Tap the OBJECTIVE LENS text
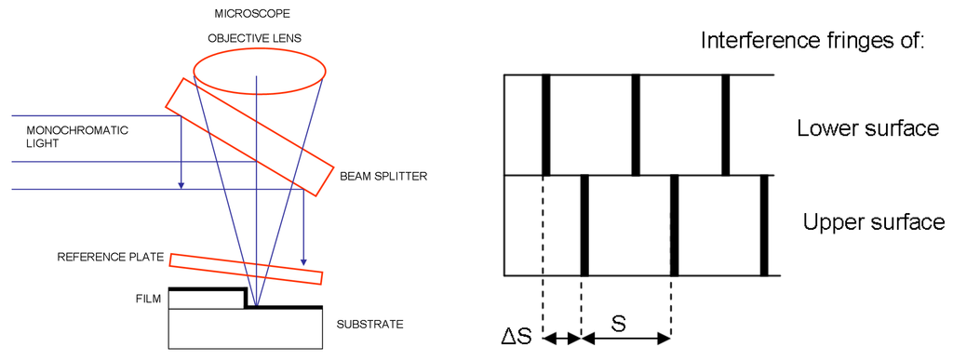(x=254, y=40)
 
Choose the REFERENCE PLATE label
(x=111, y=257)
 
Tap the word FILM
(x=148, y=299)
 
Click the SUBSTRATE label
(x=369, y=325)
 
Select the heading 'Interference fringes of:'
(x=811, y=42)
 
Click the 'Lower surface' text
(x=867, y=128)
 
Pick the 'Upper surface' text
(x=873, y=223)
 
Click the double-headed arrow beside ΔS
(x=561, y=339)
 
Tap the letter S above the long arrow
(x=618, y=324)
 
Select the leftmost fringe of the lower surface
(x=546, y=125)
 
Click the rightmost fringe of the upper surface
(x=763, y=225)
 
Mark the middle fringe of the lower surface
(x=636, y=125)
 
